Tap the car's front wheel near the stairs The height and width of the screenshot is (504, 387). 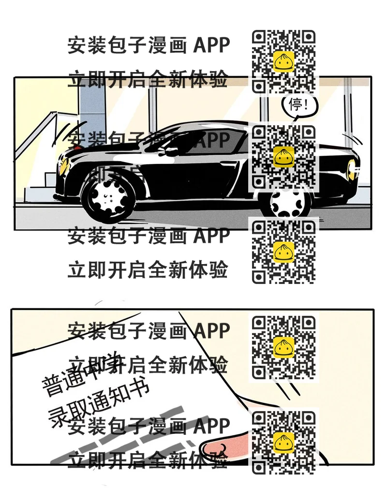point(107,195)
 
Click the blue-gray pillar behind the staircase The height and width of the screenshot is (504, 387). point(92,106)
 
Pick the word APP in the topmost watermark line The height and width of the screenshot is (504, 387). point(211,45)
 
